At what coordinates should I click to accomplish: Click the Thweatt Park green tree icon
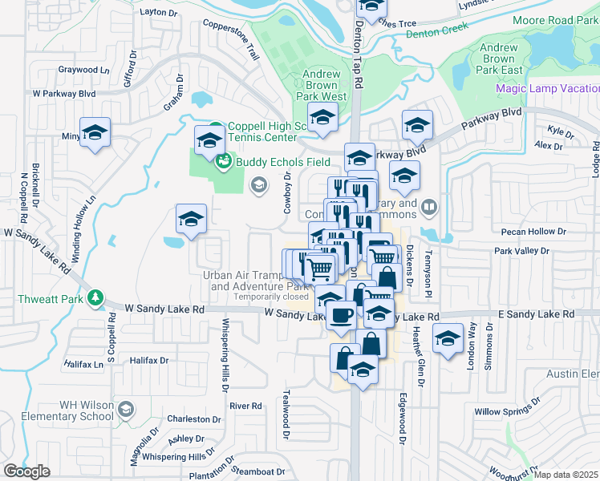coord(95,298)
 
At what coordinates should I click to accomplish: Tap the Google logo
coord(27,471)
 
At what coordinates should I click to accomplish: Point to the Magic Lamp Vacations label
coord(548,88)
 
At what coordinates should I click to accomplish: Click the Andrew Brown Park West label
coord(321,85)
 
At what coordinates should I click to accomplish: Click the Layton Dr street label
coord(158,12)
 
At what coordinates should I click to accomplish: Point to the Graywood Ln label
coord(83,70)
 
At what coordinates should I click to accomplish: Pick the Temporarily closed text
coord(271,297)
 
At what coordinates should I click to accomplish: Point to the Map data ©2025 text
coord(566,475)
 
